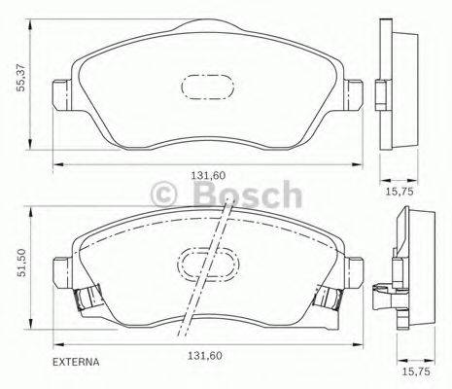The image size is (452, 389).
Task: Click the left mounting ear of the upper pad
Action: coord(62,92)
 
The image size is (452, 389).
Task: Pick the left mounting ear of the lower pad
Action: coord(60,267)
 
